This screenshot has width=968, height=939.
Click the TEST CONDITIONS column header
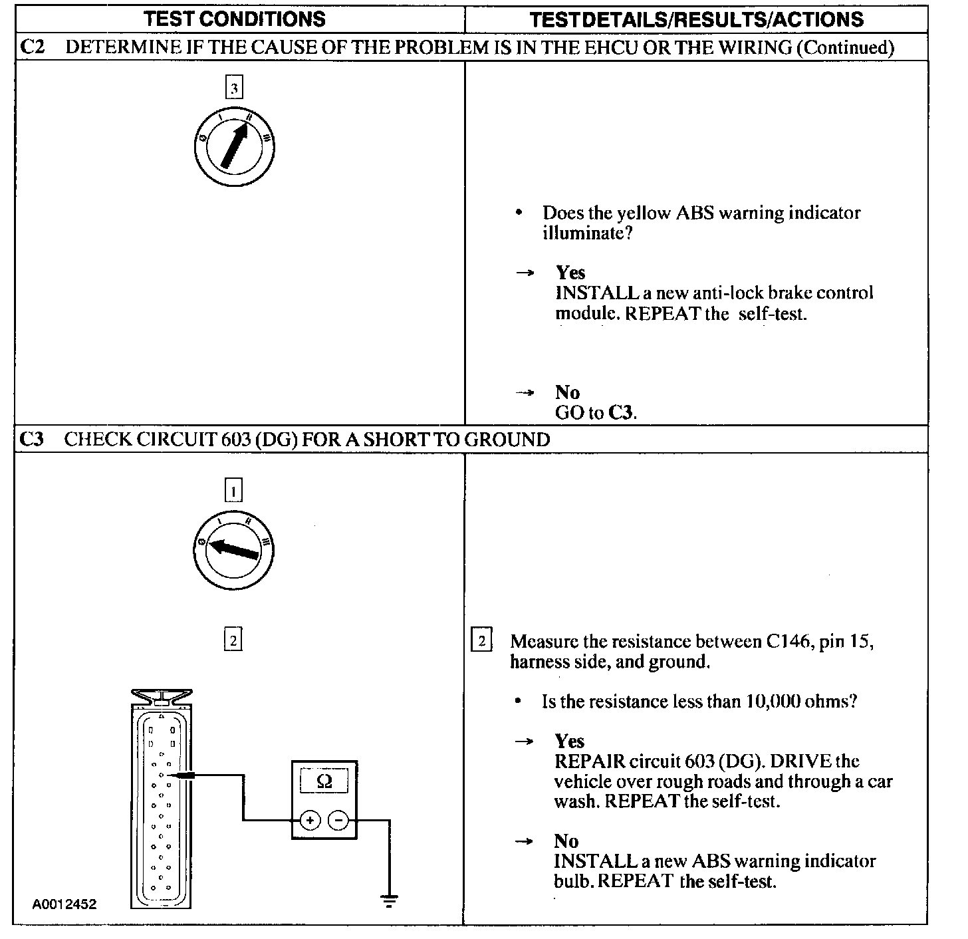(235, 19)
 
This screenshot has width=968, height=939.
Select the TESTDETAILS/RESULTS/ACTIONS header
(696, 19)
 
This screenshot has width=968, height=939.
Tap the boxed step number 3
(234, 88)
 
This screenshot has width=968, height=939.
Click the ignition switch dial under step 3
(234, 146)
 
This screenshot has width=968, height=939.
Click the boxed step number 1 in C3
(233, 491)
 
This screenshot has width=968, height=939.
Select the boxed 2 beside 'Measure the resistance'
(481, 641)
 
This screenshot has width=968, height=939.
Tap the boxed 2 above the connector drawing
(233, 640)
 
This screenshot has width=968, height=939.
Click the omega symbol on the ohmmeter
(324, 781)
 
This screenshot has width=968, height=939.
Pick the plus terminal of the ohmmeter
(310, 821)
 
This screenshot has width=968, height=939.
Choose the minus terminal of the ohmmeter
(338, 821)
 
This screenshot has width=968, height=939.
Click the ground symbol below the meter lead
(389, 902)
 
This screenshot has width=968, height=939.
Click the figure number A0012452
(64, 904)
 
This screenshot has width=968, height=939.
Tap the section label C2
(33, 47)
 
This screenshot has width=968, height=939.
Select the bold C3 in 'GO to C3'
(621, 413)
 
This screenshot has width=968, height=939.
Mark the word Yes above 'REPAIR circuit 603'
(570, 741)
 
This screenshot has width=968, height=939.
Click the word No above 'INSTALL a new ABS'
(566, 841)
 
